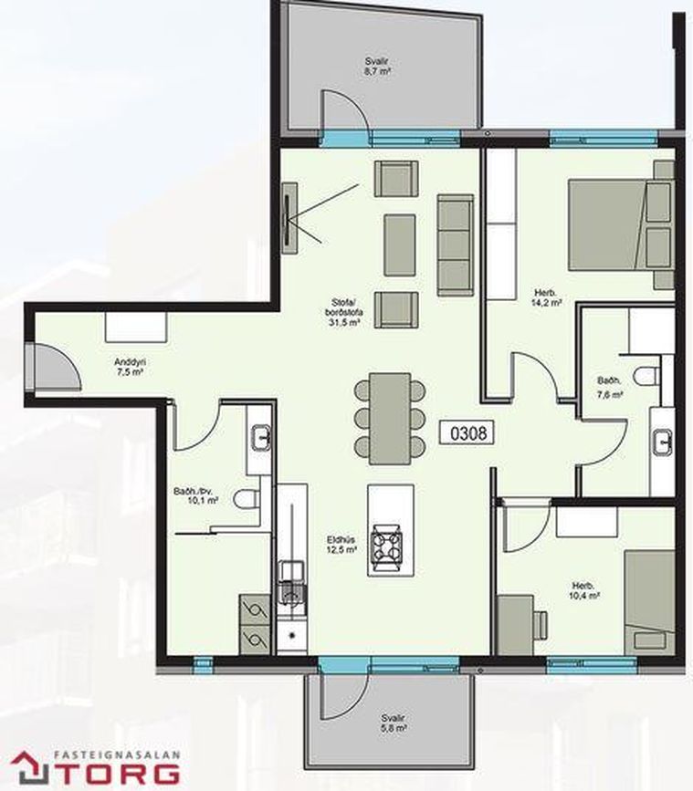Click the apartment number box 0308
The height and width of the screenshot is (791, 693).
pos(467,432)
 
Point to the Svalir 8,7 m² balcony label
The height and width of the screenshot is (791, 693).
pos(378,66)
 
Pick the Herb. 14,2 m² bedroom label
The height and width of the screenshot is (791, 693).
pos(547,297)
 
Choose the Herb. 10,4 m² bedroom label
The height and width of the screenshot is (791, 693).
pos(584,590)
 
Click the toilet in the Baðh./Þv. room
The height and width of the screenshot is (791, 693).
pos(247,499)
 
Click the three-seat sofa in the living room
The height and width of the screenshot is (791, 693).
pos(456,245)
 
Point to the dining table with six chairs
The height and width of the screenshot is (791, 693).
pos(390,418)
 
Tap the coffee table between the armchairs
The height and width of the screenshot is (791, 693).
pos(400,245)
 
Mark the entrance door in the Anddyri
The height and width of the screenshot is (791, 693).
pos(53,367)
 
